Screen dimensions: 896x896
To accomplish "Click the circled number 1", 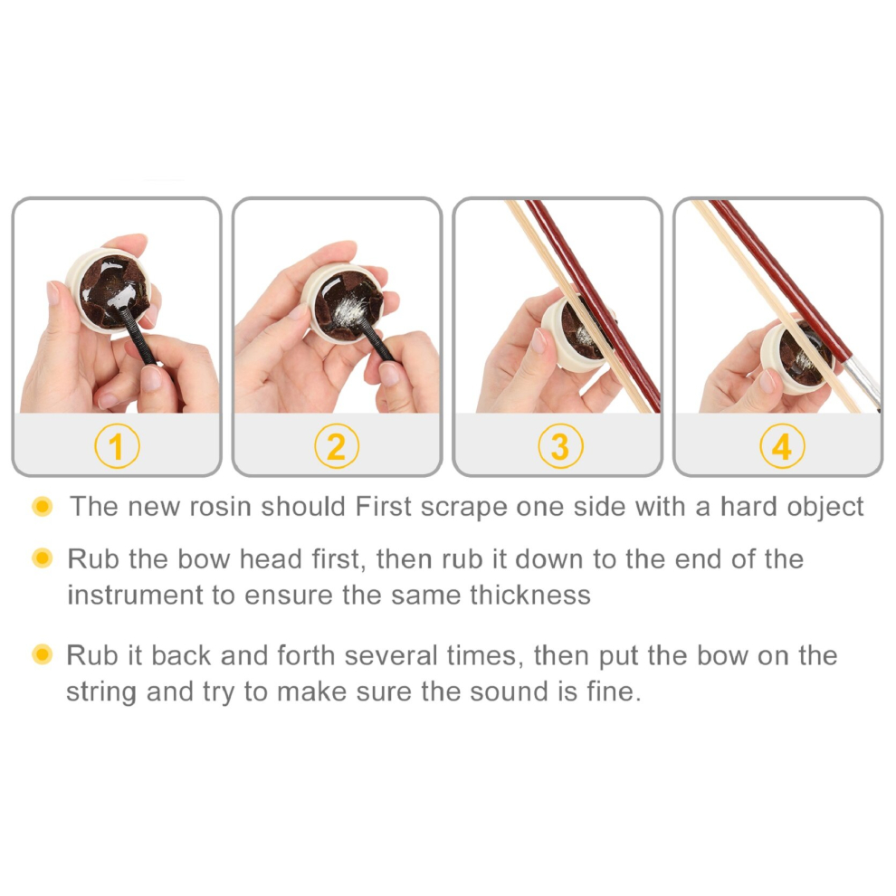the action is pos(117,445).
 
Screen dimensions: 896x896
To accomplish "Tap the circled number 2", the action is pos(337,445).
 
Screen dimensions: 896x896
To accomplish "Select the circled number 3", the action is pos(560,445).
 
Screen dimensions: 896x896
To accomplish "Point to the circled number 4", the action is pos(782,445).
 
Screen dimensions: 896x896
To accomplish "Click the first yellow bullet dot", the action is pos(43,506).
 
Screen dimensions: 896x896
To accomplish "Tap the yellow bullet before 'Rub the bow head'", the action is pos(43,558).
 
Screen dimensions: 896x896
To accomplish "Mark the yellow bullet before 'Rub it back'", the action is pos(43,654).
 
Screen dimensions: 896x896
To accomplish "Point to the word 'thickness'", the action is pos(530,595).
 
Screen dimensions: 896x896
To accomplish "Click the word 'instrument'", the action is pos(135,595).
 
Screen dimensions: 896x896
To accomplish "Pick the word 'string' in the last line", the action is pos(101,692).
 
